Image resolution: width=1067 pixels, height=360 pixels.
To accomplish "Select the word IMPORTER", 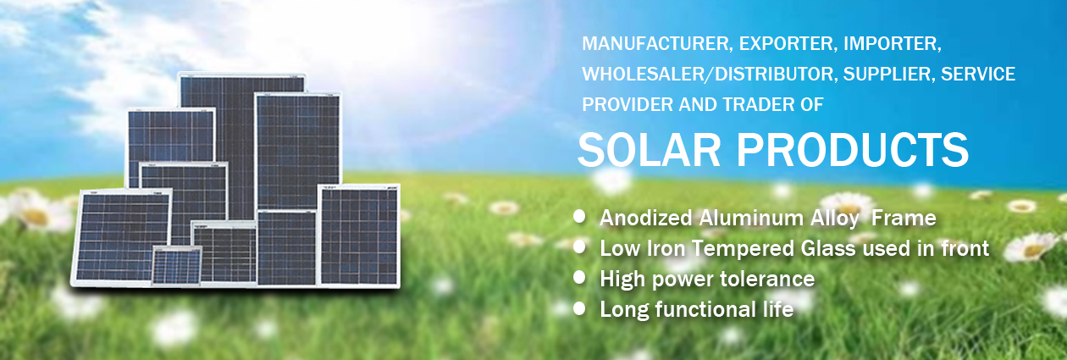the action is [893, 44].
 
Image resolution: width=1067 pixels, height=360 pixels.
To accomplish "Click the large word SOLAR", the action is [649, 150].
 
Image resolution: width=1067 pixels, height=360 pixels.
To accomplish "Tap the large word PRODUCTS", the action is [853, 150].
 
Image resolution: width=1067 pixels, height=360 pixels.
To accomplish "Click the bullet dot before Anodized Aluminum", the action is [579, 217].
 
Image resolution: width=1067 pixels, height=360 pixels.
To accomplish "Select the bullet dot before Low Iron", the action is [579, 247].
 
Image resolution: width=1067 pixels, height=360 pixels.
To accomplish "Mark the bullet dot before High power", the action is [579, 278].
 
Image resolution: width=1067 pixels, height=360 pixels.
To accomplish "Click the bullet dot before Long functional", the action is [579, 308].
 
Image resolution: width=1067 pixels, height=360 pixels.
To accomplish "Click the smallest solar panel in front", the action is [177, 266].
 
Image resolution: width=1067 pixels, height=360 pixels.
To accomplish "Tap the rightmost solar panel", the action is [359, 236].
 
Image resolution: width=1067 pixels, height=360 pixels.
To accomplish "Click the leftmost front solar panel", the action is [120, 237].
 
